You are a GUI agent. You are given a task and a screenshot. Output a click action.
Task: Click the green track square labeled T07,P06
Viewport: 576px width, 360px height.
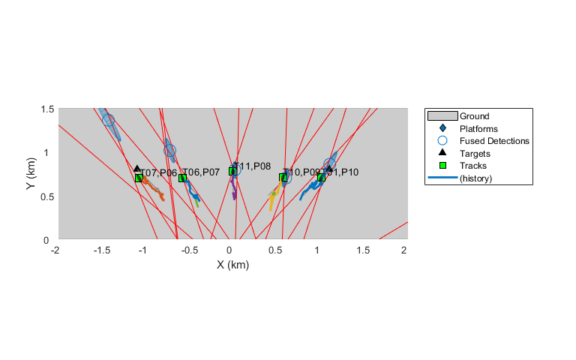click(x=139, y=178)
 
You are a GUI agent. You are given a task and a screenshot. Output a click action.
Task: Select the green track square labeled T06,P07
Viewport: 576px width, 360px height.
click(x=182, y=178)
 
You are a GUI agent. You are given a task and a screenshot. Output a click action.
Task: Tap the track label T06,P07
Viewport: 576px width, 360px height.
click(x=202, y=172)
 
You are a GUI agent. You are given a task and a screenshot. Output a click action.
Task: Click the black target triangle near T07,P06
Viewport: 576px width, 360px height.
click(x=137, y=169)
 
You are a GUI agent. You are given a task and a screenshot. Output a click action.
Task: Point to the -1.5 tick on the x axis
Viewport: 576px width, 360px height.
click(x=99, y=250)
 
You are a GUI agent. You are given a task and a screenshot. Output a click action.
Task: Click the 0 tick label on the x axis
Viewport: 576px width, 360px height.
click(x=230, y=250)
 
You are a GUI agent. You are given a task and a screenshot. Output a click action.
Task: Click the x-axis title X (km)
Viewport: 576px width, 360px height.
click(x=232, y=264)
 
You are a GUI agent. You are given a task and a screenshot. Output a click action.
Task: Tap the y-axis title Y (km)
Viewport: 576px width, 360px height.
click(x=31, y=174)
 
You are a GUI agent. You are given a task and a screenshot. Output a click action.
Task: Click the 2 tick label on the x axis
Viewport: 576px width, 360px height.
click(x=404, y=250)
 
